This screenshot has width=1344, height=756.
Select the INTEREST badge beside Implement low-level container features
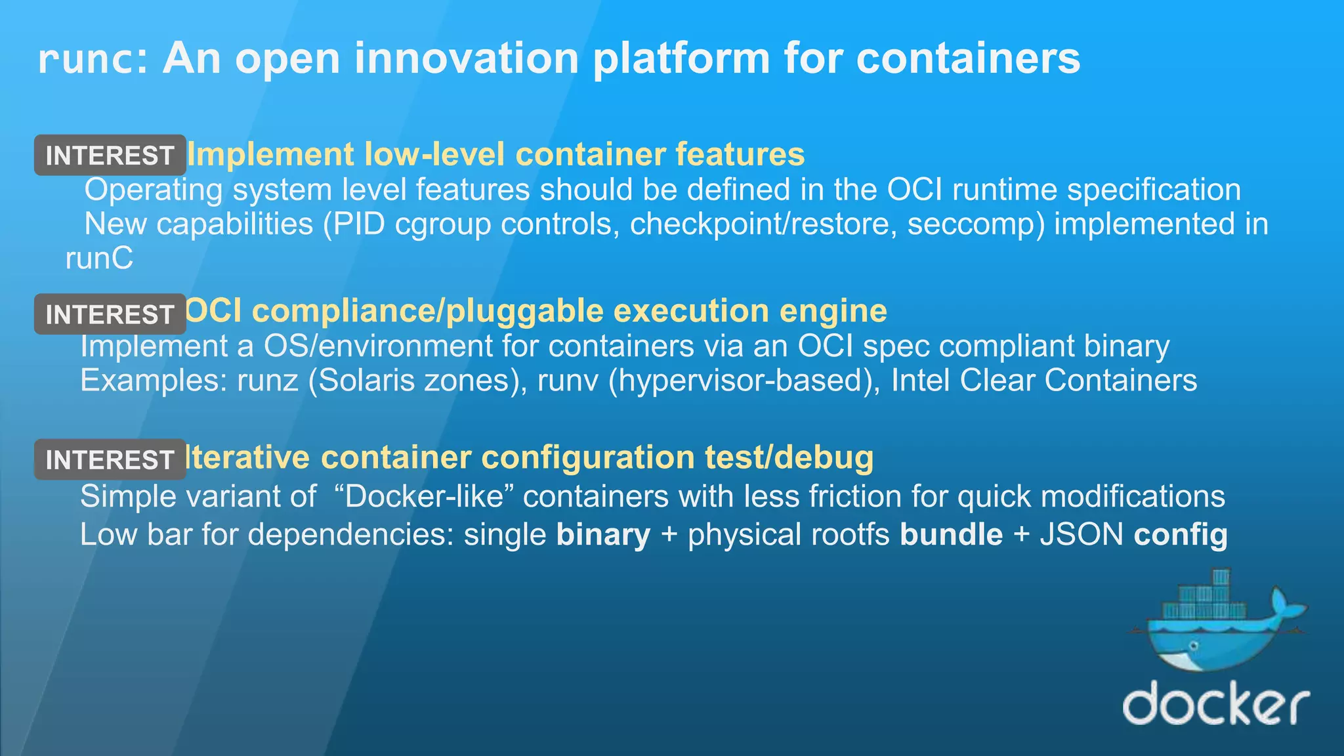(x=110, y=156)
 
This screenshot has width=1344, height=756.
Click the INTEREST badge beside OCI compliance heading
(x=110, y=314)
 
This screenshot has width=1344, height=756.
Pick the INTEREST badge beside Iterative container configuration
(x=110, y=459)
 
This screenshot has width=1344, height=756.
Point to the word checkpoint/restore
(x=763, y=224)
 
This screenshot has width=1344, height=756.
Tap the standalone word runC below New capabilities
(x=99, y=259)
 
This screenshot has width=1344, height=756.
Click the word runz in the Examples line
(x=268, y=381)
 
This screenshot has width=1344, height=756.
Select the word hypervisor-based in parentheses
(x=744, y=381)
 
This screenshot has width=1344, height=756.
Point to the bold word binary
(x=603, y=535)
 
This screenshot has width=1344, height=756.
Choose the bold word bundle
(x=951, y=535)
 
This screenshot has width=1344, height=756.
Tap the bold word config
(x=1180, y=535)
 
